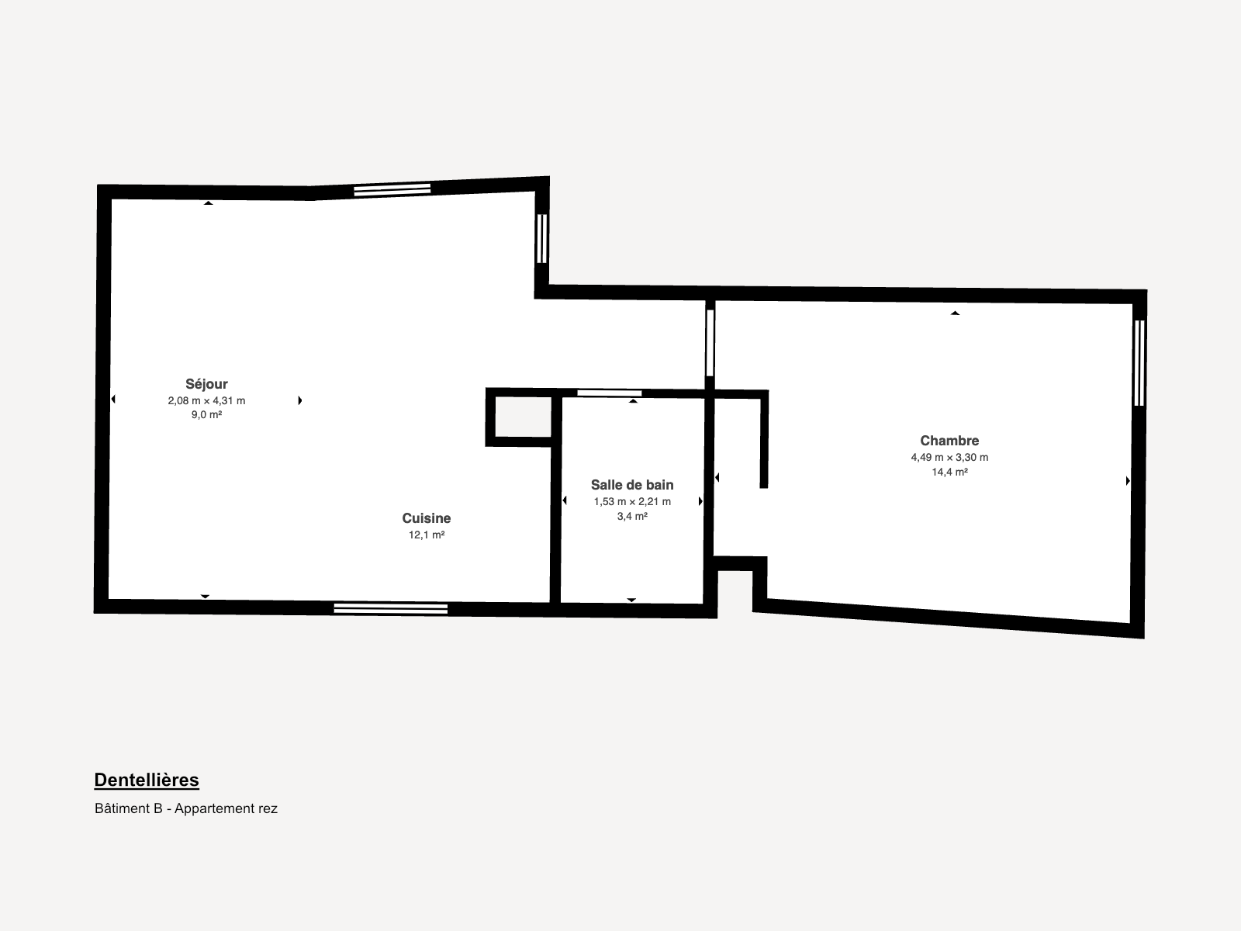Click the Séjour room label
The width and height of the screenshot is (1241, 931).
click(x=206, y=384)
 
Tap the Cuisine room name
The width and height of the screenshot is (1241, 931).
click(x=427, y=518)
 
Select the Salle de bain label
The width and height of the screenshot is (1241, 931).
click(x=632, y=485)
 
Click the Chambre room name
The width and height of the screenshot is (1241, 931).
click(x=949, y=441)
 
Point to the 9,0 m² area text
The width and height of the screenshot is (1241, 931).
click(x=206, y=415)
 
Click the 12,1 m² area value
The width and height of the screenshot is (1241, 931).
click(x=427, y=535)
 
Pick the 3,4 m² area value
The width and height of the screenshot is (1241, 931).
click(x=632, y=516)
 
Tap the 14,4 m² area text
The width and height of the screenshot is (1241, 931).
click(x=950, y=472)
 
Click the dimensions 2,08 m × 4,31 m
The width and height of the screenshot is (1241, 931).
click(x=206, y=401)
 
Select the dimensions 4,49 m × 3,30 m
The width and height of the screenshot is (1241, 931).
click(x=949, y=457)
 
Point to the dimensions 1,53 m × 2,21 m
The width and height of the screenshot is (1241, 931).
click(x=632, y=501)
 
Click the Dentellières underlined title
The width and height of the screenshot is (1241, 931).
click(x=147, y=780)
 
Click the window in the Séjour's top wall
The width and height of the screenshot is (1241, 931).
click(x=392, y=190)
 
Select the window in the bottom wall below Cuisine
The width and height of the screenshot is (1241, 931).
click(x=391, y=609)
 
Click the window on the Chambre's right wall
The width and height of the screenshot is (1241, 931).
click(x=1139, y=363)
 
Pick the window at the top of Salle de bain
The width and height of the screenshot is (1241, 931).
click(x=610, y=393)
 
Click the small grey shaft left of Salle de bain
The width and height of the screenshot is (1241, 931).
click(x=524, y=417)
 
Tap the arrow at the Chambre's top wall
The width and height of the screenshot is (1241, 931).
click(x=955, y=313)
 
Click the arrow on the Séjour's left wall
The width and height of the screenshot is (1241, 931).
click(x=113, y=400)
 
